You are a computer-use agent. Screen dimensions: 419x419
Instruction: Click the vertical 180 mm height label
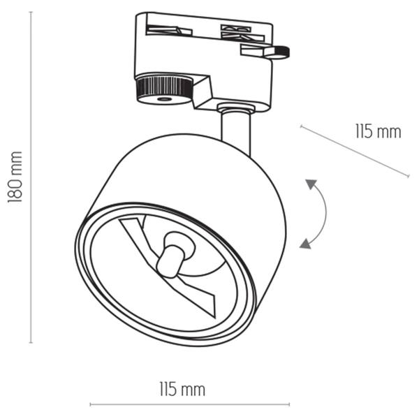click(15, 177)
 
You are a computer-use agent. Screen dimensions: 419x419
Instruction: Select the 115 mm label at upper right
click(378, 131)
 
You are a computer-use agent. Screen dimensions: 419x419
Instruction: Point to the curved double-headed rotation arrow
click(319, 213)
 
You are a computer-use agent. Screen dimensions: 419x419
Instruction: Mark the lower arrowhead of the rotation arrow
click(304, 243)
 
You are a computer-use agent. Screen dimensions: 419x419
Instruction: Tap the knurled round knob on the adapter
click(163, 89)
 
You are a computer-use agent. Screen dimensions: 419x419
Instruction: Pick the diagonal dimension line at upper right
click(354, 151)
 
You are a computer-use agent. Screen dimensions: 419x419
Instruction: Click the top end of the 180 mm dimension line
click(31, 13)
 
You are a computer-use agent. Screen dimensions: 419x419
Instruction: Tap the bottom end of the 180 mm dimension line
click(31, 342)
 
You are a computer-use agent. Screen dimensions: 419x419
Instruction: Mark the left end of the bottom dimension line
click(91, 404)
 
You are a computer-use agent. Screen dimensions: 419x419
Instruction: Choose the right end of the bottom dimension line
click(289, 404)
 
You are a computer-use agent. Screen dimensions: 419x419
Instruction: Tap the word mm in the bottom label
click(193, 388)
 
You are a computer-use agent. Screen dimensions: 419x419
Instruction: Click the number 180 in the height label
click(15, 189)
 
